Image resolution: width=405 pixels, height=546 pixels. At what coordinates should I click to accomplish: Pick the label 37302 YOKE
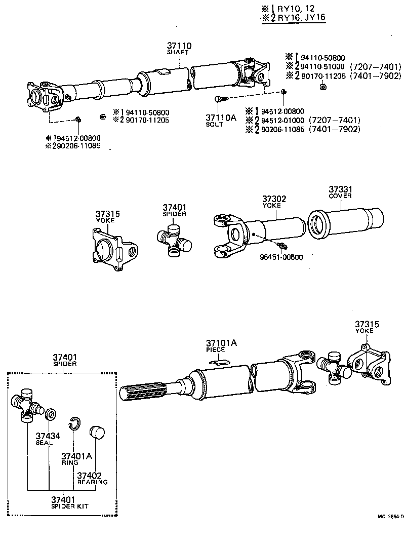point(274,202)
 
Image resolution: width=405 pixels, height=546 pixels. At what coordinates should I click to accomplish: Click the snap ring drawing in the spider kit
point(74,423)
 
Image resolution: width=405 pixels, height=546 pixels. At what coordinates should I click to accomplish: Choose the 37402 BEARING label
point(92,478)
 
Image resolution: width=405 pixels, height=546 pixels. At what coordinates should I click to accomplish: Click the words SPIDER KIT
point(62,506)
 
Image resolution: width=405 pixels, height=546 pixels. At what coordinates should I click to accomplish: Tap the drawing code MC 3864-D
point(390,517)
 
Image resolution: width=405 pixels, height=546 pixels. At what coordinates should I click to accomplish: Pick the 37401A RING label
point(76,458)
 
